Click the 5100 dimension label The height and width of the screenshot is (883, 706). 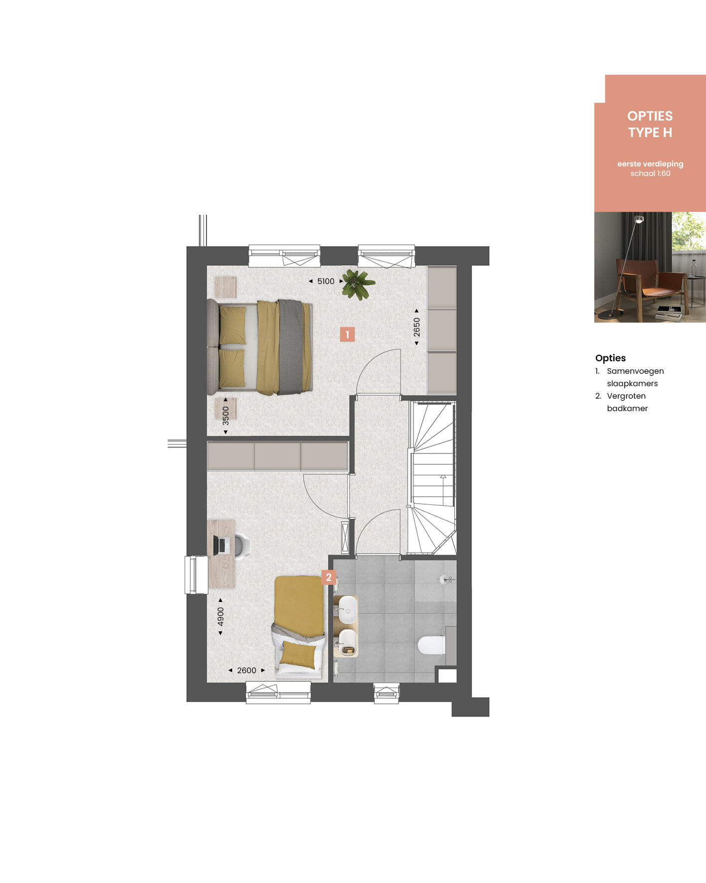(326, 282)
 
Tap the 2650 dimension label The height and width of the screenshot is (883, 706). (417, 327)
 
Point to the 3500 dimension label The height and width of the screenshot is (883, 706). (226, 416)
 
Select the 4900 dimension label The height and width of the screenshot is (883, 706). (221, 617)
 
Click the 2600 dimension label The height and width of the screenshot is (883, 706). (247, 671)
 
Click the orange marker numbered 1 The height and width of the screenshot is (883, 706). (347, 334)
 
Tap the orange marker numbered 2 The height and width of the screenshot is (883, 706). (329, 578)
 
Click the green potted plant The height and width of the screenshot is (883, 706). (358, 285)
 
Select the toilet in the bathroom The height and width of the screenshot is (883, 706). (431, 645)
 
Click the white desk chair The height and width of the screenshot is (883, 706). (243, 545)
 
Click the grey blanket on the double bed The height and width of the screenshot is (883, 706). (291, 347)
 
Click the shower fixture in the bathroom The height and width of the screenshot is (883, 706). (446, 580)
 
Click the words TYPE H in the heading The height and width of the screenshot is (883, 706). (650, 133)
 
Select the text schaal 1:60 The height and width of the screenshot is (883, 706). (650, 173)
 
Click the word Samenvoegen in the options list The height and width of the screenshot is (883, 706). (635, 371)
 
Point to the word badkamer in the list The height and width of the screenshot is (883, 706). (627, 409)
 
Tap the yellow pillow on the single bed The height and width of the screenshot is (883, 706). (298, 655)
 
